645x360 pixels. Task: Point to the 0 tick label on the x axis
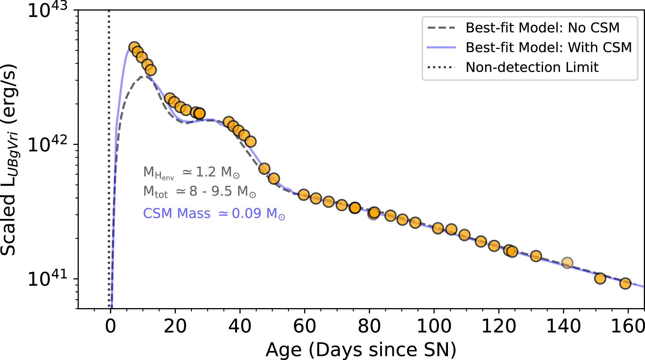[110, 326]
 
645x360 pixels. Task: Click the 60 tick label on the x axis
[304, 326]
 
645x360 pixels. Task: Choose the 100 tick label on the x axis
[434, 326]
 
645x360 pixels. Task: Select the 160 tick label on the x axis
[628, 326]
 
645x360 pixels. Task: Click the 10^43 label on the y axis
[47, 10]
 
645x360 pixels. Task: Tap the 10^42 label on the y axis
[47, 144]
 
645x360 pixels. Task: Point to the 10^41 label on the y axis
[47, 278]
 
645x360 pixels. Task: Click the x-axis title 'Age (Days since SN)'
[361, 350]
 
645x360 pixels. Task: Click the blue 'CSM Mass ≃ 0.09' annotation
[214, 214]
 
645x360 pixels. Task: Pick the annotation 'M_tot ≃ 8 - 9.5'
[200, 191]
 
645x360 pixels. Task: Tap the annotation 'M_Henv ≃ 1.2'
[191, 172]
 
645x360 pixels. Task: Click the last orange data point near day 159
[625, 284]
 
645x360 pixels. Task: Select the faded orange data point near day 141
[567, 263]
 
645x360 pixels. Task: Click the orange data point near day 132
[536, 256]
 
